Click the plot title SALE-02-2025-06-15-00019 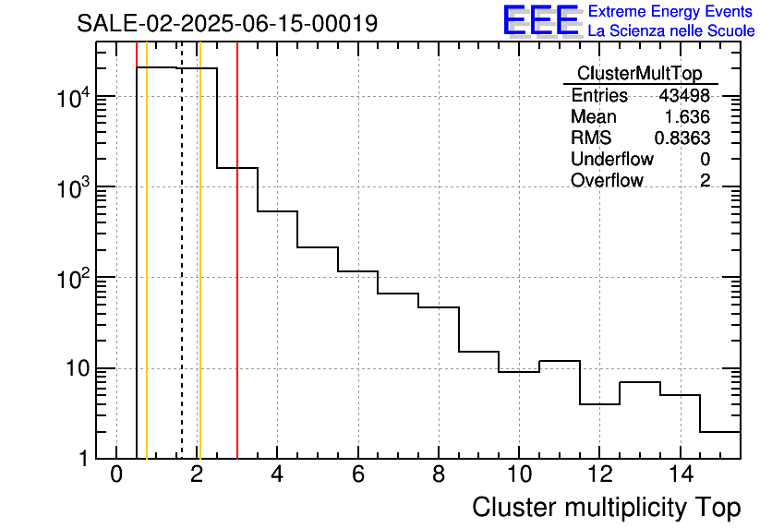(227, 23)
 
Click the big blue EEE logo (540, 21)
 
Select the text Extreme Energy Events (670, 12)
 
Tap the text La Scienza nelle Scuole (670, 31)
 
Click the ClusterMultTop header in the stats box (639, 74)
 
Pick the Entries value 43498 (684, 96)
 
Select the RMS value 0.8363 (682, 138)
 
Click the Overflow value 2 (705, 181)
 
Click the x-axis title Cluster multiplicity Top (606, 508)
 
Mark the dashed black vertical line (182, 277)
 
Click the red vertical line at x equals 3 (237, 277)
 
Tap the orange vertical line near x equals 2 (199, 277)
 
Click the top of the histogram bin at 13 (639, 382)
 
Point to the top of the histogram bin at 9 (478, 352)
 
